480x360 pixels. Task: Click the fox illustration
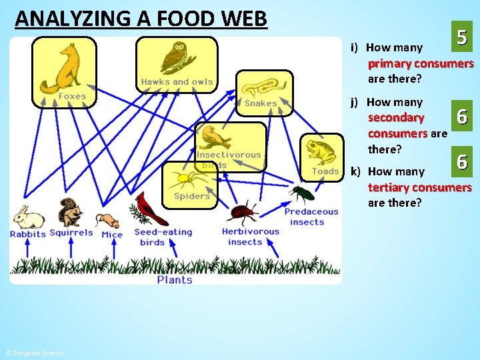pos(65,67)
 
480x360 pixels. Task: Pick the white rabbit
pos(28,217)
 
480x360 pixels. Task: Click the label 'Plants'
pos(175,280)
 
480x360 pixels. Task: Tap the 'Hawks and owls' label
pos(177,83)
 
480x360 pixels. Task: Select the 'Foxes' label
pos(72,97)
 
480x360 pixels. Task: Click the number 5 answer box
pos(461,38)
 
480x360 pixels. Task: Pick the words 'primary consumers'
pos(420,64)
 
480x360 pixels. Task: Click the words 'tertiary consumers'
pos(419,187)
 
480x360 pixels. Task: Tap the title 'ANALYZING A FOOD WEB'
pos(141,18)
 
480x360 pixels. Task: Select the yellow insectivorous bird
pos(217,137)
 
